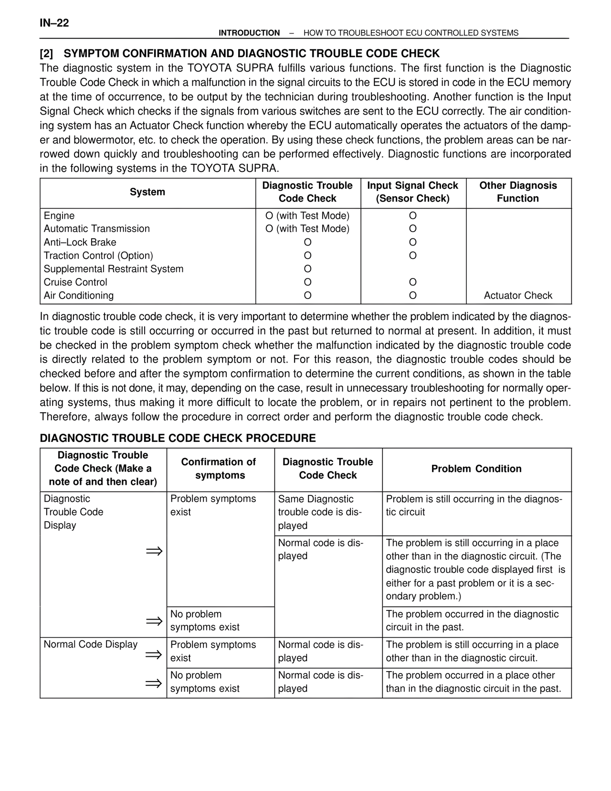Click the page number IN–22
54,23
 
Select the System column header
147,192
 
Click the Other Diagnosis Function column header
518,192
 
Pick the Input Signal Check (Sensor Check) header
412,192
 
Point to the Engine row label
59,215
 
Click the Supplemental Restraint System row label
113,269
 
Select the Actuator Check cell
518,296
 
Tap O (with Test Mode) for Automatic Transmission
307,229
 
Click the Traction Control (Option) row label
98,256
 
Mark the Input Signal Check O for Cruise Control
413,282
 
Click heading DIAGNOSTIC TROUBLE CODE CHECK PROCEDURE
178,438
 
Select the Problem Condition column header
476,469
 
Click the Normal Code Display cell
91,644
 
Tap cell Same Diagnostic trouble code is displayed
320,512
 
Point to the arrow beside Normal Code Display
154,654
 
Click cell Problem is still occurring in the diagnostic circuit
474,505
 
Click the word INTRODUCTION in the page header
249,33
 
